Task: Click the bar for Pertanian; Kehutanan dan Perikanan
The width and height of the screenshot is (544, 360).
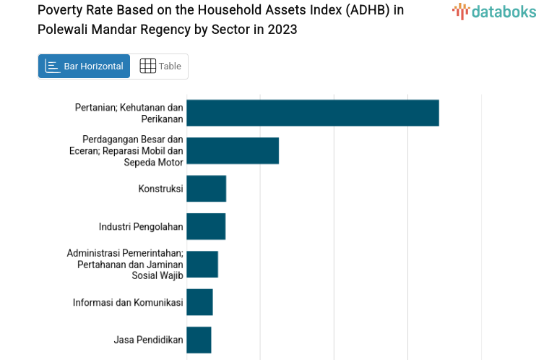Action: (x=312, y=113)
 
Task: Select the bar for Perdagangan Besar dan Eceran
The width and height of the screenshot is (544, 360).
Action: (x=232, y=150)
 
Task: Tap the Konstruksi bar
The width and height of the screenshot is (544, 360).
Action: (x=206, y=189)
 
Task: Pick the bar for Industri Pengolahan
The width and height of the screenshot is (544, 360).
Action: (x=205, y=226)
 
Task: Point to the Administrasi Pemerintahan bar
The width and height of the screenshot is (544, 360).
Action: (x=202, y=264)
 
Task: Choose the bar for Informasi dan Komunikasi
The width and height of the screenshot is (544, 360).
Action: (x=199, y=302)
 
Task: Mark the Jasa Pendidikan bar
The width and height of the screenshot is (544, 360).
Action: (x=199, y=340)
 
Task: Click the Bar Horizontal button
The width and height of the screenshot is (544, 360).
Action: (x=84, y=67)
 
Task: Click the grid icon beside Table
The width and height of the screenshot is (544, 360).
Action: (x=147, y=67)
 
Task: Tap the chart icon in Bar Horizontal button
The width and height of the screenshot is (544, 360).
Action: (x=52, y=67)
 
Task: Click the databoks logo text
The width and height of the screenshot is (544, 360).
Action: (x=504, y=11)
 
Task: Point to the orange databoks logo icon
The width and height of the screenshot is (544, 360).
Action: (x=460, y=11)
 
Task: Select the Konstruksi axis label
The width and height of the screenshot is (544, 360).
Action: (x=160, y=189)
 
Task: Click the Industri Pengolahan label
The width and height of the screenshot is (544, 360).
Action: (x=141, y=226)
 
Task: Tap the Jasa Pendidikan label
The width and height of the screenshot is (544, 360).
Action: (x=148, y=340)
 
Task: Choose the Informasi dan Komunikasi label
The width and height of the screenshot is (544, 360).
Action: (x=128, y=302)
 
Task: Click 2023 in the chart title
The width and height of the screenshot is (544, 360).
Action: (x=280, y=30)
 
